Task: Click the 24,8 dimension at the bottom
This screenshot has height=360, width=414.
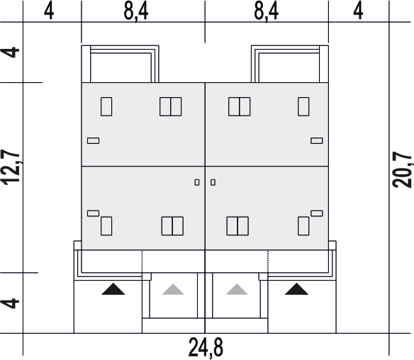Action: click(206, 348)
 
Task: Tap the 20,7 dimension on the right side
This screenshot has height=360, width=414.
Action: click(402, 169)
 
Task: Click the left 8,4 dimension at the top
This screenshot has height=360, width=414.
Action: click(135, 12)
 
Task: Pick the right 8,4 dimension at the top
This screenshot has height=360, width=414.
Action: click(266, 12)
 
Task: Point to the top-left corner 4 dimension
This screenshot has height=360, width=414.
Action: click(49, 11)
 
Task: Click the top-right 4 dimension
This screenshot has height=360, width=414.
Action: click(358, 11)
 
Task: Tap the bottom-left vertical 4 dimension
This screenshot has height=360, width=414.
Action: click(11, 303)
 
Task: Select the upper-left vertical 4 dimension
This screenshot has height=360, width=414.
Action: click(11, 52)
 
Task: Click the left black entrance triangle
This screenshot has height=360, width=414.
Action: click(113, 289)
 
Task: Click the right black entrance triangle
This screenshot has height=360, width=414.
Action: click(296, 289)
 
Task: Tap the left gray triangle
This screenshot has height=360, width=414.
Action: click(173, 289)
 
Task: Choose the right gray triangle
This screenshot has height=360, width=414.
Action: click(237, 289)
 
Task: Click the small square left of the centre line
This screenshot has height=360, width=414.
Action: click(197, 182)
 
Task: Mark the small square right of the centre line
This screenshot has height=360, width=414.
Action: click(213, 182)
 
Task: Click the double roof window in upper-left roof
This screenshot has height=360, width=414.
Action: click(171, 106)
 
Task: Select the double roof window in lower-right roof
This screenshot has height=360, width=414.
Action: click(237, 226)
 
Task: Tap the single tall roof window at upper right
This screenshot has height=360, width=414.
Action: click(303, 106)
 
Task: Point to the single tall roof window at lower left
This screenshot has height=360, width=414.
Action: click(106, 226)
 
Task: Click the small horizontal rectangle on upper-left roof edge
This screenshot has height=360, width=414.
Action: click(93, 141)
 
